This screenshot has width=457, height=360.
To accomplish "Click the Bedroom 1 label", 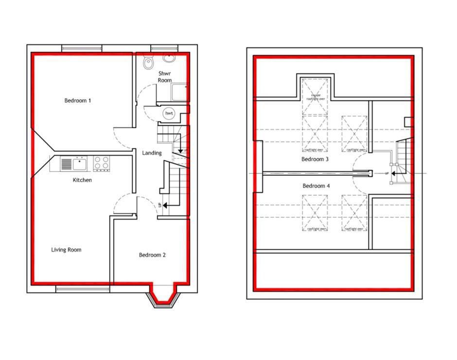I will tap(78, 101).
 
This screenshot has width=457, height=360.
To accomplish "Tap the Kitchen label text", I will tap(82, 180).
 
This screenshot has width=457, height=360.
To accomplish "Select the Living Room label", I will tap(66, 250).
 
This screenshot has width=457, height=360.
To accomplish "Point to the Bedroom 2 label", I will tap(152, 255).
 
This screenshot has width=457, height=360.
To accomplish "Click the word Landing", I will tap(152, 153).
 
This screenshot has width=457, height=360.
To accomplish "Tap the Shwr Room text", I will tap(164, 77).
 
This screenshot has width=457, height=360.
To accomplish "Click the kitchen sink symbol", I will tap(74, 164).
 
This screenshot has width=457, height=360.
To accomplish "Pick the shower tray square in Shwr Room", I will tap(179, 92).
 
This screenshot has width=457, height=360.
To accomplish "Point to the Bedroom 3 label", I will tap(315, 159).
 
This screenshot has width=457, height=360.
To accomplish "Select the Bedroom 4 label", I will tap(316, 186).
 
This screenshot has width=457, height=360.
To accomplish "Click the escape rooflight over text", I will tap(316, 97).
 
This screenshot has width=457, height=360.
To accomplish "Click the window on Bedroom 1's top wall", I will tap(82, 48).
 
